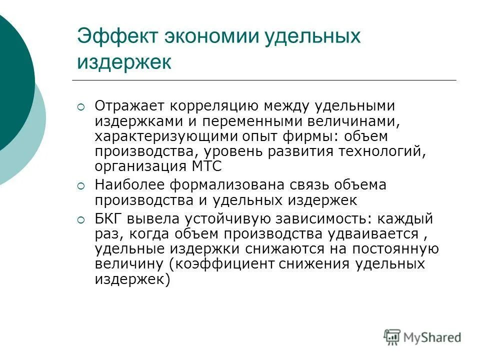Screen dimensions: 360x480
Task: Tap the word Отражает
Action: tap(129, 106)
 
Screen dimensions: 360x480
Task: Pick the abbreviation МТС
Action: tap(204, 166)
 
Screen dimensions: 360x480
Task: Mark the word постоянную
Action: tap(395, 249)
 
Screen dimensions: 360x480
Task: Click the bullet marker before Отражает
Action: tap(82, 106)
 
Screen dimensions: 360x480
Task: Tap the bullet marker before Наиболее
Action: tap(82, 185)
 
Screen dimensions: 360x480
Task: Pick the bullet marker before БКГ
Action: tap(82, 219)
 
